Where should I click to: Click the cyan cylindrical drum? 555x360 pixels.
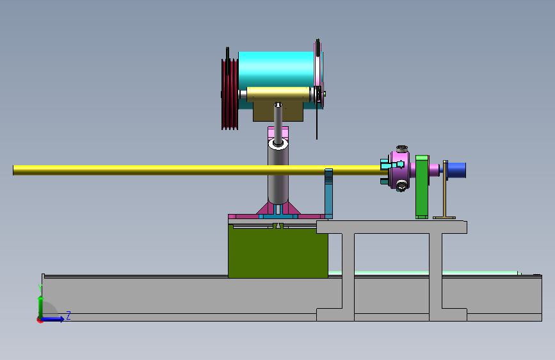(x=276, y=69)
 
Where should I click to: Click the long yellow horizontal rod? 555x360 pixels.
(x=198, y=170)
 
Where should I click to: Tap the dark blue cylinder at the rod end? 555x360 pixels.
(x=456, y=170)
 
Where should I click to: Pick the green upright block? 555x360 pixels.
(x=422, y=187)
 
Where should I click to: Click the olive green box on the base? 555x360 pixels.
(x=278, y=252)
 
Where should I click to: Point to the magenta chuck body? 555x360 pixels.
(x=400, y=170)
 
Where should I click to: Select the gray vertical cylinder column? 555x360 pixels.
(x=278, y=174)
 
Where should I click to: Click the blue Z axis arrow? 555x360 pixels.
(x=52, y=319)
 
